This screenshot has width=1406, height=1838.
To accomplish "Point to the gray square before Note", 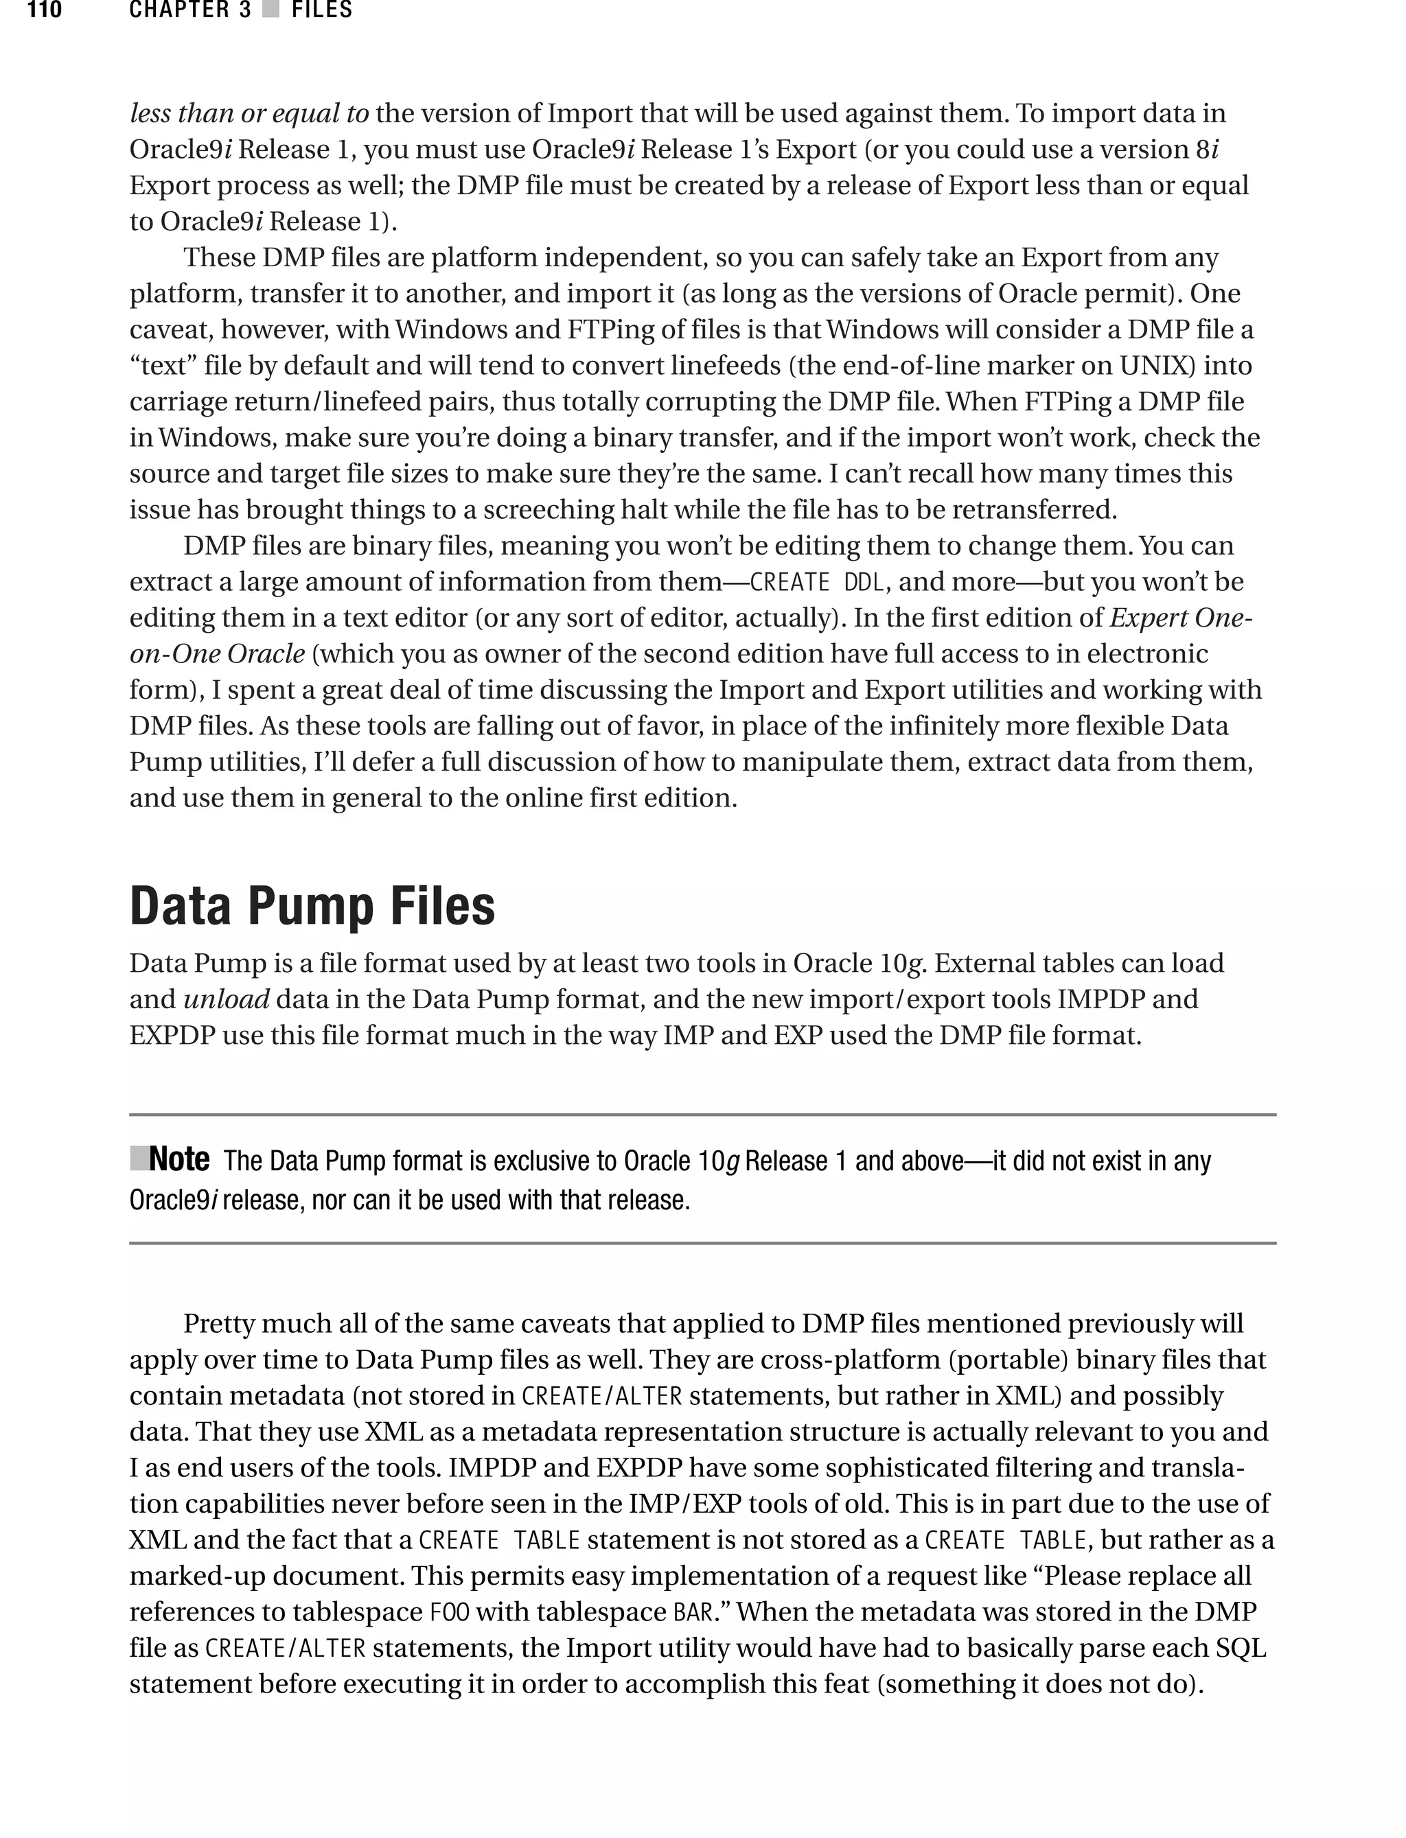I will (x=139, y=1158).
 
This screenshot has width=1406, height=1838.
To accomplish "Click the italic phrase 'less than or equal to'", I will (x=249, y=113).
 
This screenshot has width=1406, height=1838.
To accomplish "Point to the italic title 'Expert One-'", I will (x=1180, y=618).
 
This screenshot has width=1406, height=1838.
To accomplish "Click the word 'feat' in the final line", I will (x=845, y=1684).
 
